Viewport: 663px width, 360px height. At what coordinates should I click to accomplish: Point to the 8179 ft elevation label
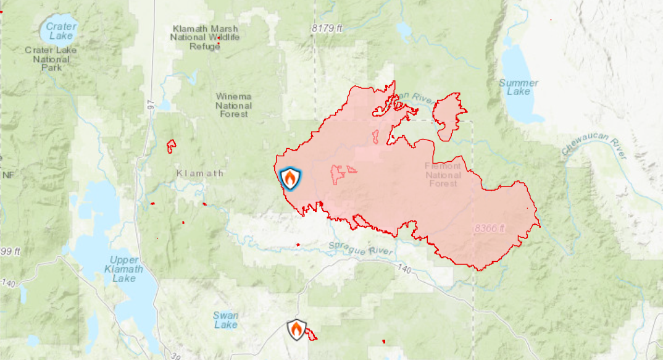(327, 28)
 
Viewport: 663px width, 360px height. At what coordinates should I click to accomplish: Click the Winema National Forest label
(233, 105)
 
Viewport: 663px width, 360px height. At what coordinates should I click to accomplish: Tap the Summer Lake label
(519, 87)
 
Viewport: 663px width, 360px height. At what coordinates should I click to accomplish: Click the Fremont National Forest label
(443, 175)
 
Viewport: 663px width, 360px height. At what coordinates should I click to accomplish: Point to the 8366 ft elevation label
(490, 228)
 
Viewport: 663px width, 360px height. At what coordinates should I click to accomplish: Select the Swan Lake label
(225, 320)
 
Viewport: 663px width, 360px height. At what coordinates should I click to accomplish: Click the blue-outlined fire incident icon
(290, 178)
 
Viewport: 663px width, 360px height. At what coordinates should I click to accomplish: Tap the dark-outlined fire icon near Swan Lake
(296, 330)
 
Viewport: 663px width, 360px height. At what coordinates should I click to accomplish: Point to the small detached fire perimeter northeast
(449, 114)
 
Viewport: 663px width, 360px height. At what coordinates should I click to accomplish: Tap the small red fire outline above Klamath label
(171, 146)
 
